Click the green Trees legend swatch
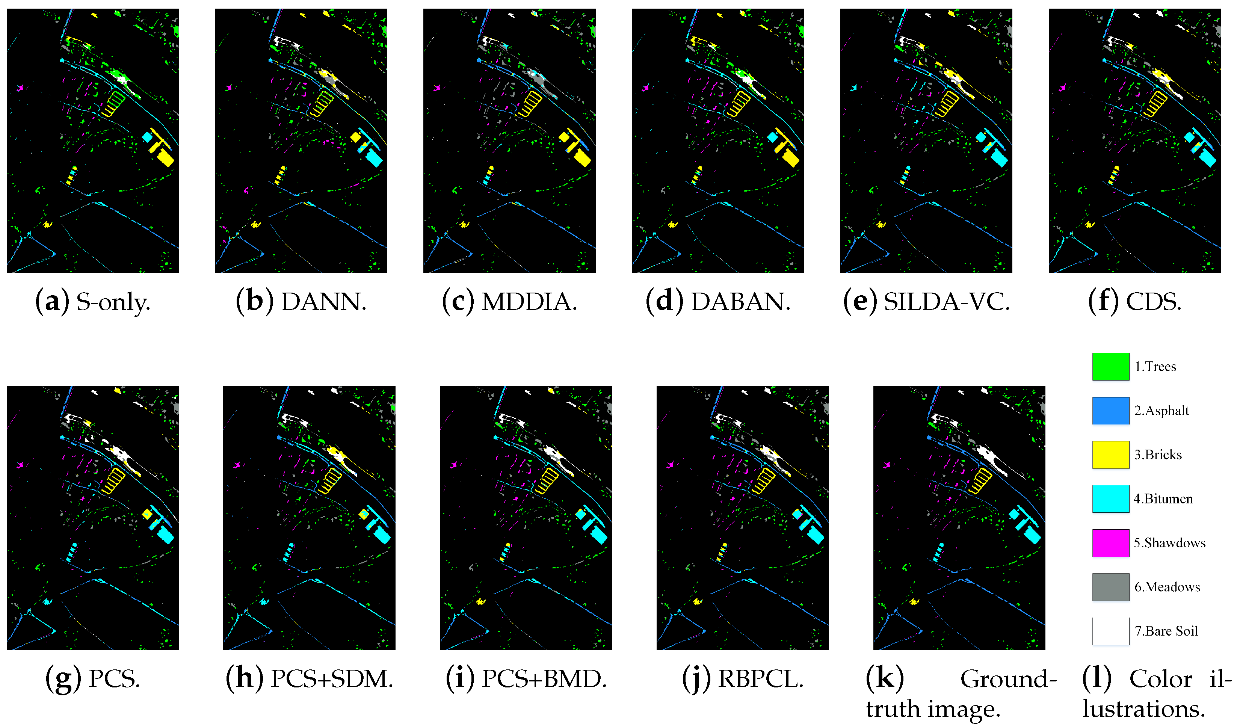[1110, 367]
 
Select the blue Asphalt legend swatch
[1110, 411]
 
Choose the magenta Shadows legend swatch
[1110, 542]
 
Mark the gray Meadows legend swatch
[1110, 587]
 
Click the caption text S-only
[112, 302]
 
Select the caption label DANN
[323, 302]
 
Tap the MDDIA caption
[529, 302]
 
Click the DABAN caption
[740, 302]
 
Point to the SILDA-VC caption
[946, 302]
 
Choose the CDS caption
[1153, 302]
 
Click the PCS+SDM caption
[332, 679]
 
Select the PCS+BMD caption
[543, 679]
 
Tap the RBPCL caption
[760, 679]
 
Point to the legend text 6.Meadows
[1167, 587]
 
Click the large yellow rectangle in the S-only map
[166, 159]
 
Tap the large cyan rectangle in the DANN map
[374, 159]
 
